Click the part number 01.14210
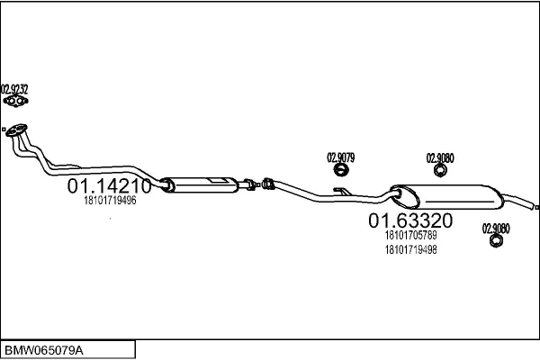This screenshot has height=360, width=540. (x=109, y=186)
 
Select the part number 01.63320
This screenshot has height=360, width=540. (x=410, y=220)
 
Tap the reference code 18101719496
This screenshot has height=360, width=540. (x=110, y=201)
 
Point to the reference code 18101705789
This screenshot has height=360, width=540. (x=411, y=235)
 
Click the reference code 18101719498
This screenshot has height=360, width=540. (x=411, y=250)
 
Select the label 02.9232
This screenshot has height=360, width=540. (x=14, y=89)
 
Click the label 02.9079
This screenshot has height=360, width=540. (x=340, y=157)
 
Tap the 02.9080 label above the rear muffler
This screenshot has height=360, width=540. (x=440, y=158)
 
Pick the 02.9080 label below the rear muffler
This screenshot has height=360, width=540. (x=496, y=229)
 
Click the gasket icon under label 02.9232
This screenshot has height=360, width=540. (x=15, y=101)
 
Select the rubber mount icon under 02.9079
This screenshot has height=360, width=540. (x=341, y=170)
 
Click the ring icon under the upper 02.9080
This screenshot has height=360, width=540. (x=440, y=170)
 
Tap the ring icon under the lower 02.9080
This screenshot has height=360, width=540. (x=496, y=241)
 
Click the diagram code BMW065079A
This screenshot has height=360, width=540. (x=44, y=351)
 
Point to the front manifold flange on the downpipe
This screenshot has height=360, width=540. (x=16, y=130)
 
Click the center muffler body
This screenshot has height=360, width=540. (x=200, y=185)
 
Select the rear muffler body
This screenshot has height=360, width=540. (x=447, y=196)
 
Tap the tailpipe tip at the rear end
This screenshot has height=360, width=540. (x=537, y=207)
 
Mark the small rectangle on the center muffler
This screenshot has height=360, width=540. (x=218, y=180)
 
